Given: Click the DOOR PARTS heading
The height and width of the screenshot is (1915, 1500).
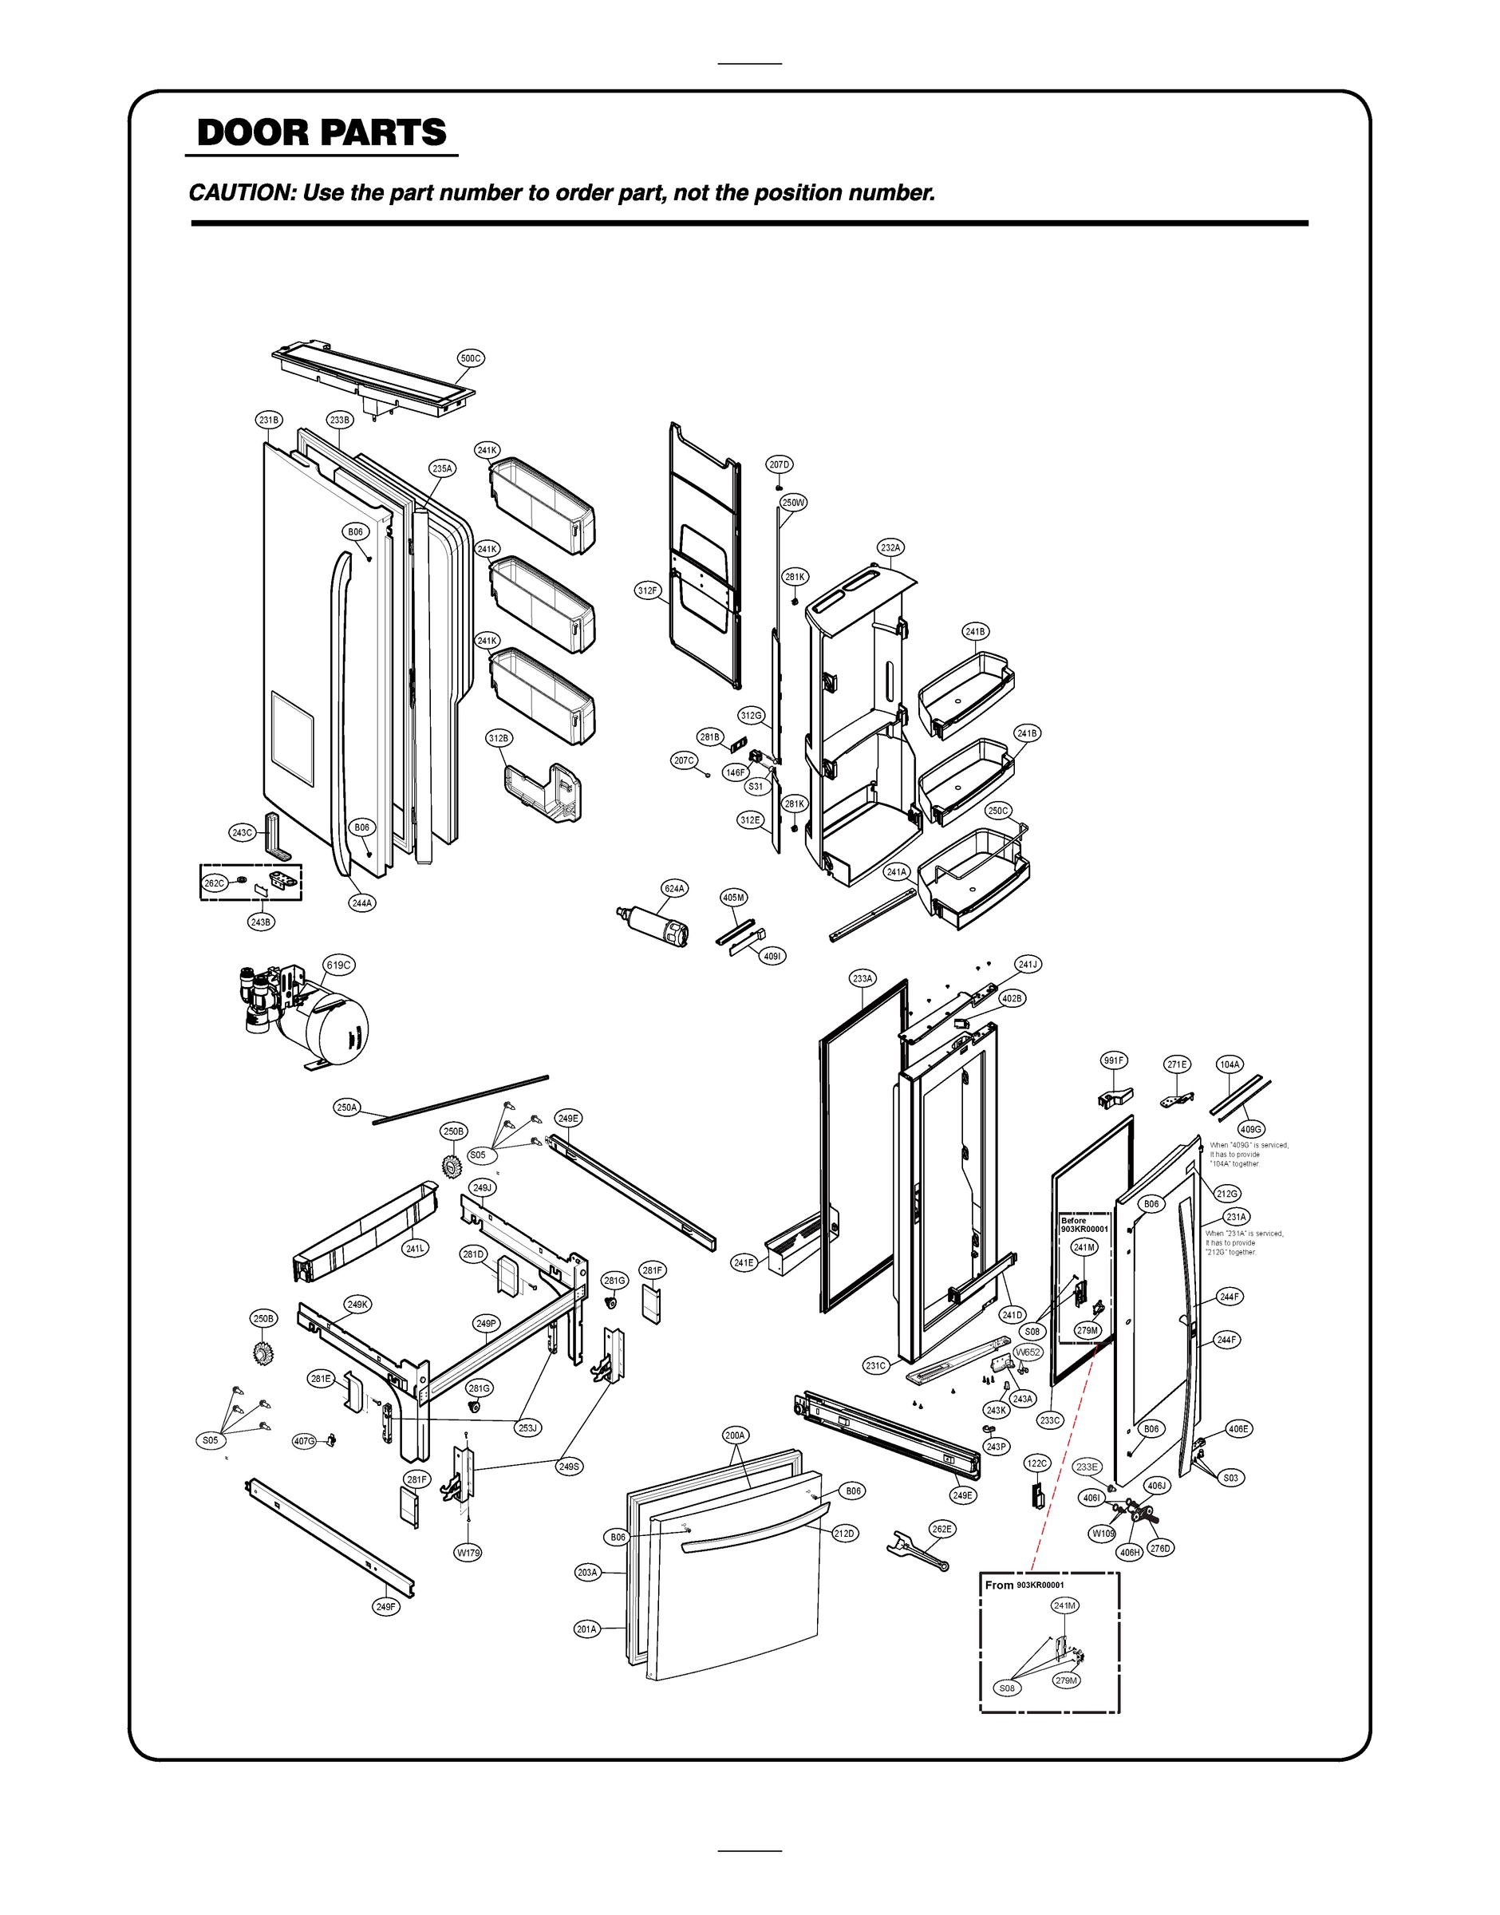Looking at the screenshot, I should click(x=322, y=132).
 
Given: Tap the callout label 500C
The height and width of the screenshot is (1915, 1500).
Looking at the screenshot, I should click(x=471, y=358).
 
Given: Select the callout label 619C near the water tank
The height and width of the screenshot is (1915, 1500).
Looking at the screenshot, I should click(x=339, y=965).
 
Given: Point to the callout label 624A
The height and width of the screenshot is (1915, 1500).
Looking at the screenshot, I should click(x=674, y=889).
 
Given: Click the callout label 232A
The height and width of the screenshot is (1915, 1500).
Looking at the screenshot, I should click(x=890, y=548).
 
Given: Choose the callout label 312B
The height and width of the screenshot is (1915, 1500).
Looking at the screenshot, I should click(x=499, y=738).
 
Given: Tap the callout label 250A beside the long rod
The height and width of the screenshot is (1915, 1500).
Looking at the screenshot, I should click(x=347, y=1108).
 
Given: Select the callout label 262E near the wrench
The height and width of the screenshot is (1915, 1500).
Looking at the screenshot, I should click(x=941, y=1529).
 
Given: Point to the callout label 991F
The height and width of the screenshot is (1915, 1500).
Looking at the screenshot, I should click(x=1114, y=1060).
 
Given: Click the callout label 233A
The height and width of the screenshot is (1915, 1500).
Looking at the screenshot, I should click(x=862, y=978).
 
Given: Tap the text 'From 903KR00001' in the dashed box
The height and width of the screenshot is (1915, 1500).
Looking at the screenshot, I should click(x=1024, y=1585).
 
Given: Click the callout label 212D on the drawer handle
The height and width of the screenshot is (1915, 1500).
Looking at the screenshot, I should click(x=844, y=1533).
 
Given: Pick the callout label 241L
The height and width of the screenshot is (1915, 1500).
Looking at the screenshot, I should click(x=416, y=1248).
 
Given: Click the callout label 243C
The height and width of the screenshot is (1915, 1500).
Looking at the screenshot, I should click(x=243, y=832).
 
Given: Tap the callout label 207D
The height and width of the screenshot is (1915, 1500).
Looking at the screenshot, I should click(x=779, y=464).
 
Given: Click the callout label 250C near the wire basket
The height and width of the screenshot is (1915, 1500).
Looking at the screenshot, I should click(x=997, y=811).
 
